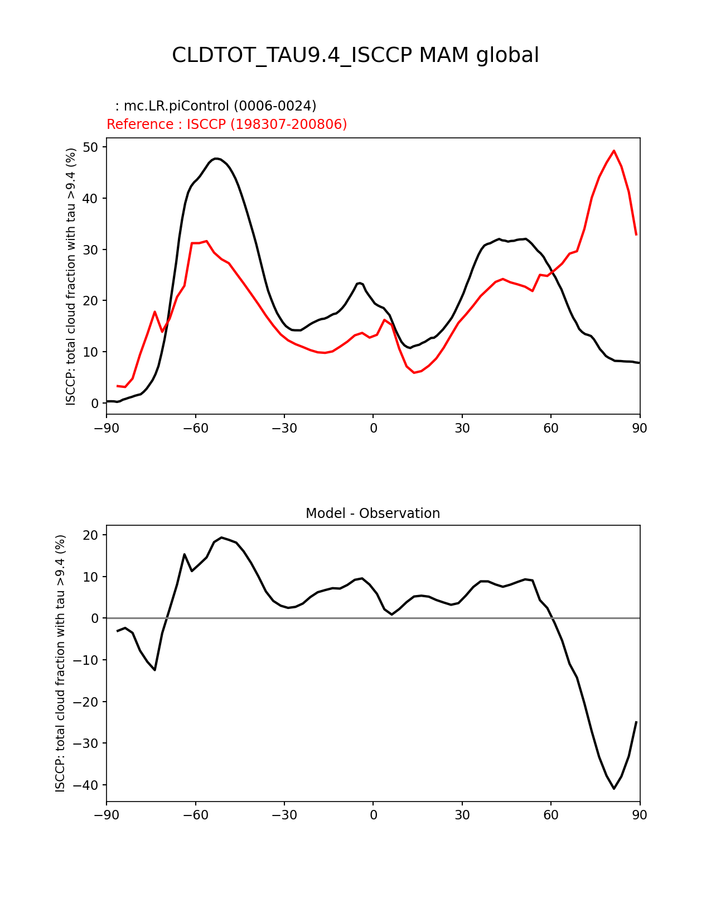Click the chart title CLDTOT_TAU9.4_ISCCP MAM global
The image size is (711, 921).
(355, 55)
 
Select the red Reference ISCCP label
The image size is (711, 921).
(226, 124)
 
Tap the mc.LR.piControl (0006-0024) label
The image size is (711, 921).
(216, 106)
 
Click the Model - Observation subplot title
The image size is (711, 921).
(373, 514)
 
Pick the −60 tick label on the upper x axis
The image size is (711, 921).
(195, 428)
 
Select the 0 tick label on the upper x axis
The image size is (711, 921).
(373, 428)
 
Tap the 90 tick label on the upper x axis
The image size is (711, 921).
(640, 428)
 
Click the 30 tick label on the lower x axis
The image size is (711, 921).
(462, 815)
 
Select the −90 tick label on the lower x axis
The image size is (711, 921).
(107, 815)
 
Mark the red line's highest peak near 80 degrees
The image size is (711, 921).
(614, 151)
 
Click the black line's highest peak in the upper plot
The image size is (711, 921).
(216, 159)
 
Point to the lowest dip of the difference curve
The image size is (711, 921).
(614, 788)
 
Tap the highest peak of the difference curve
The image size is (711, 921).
(221, 538)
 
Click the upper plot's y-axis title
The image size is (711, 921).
(71, 276)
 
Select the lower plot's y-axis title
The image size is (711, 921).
(60, 663)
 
